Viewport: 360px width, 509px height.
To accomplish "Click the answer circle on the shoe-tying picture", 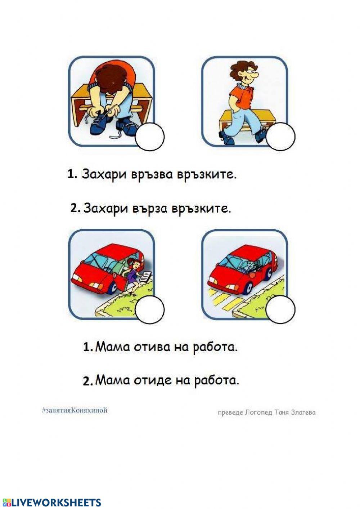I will [150, 137].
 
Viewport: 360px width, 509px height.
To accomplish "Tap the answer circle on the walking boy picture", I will [281, 137].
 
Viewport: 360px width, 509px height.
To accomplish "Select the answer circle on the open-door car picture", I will [150, 310].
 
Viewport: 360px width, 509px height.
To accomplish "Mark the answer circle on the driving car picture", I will [281, 309].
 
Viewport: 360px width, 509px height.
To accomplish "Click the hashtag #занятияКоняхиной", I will [75, 410].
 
